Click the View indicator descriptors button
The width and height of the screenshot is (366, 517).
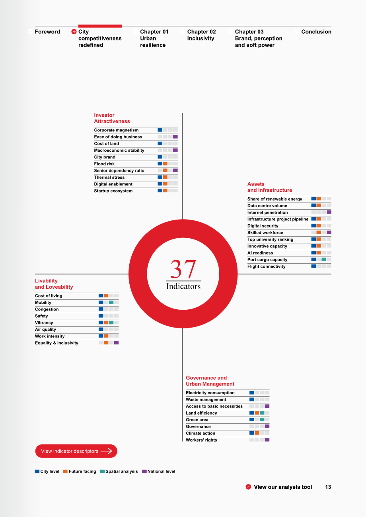click(x=76, y=451)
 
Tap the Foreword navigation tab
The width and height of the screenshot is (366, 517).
click(x=47, y=32)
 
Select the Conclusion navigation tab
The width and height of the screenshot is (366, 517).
click(x=316, y=32)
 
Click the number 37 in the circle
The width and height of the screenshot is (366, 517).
click(x=183, y=269)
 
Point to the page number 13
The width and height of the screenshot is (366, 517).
click(x=328, y=487)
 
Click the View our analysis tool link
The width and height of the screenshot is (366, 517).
click(x=283, y=487)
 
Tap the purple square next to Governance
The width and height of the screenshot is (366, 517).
click(x=267, y=426)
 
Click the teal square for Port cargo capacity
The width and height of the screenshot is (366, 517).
click(x=324, y=259)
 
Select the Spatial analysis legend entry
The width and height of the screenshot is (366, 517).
click(x=119, y=471)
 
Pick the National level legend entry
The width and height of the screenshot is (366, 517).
click(x=159, y=471)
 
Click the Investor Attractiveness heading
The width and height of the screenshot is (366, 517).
click(x=112, y=118)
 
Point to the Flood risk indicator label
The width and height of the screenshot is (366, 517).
click(x=104, y=164)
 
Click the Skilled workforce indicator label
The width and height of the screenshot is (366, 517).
click(x=265, y=233)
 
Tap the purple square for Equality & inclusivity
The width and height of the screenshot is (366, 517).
click(x=116, y=343)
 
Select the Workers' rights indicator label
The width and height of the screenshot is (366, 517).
click(x=201, y=440)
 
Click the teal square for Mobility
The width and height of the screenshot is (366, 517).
click(x=111, y=302)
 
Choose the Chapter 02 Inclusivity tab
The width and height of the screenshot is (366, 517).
click(x=201, y=35)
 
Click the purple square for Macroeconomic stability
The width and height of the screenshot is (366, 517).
click(x=175, y=150)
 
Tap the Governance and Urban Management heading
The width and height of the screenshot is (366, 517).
click(x=210, y=381)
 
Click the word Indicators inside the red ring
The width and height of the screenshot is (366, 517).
click(x=183, y=286)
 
